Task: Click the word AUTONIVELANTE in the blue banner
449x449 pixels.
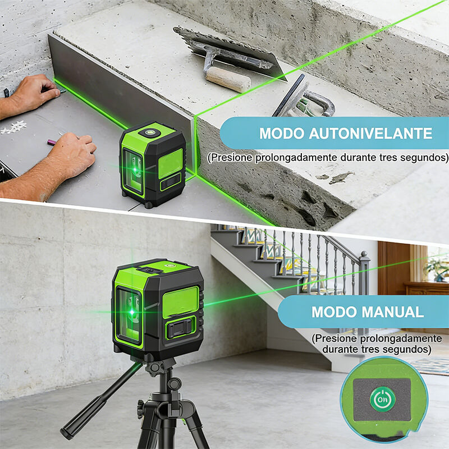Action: pos(370,134)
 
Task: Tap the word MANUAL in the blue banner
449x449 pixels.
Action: pos(393,312)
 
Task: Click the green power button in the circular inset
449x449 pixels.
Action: pos(383,399)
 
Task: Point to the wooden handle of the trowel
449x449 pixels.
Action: pos(228,79)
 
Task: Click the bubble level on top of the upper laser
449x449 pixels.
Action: pos(149,132)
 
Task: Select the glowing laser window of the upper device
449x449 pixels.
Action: pos(134,172)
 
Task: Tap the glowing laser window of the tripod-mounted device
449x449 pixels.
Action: pos(130,314)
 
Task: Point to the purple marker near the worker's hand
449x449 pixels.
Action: pos(51,143)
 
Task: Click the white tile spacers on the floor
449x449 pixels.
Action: pos(15,127)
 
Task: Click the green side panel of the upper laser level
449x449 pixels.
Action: pos(170,163)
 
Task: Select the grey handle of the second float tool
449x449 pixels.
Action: pos(318,103)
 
